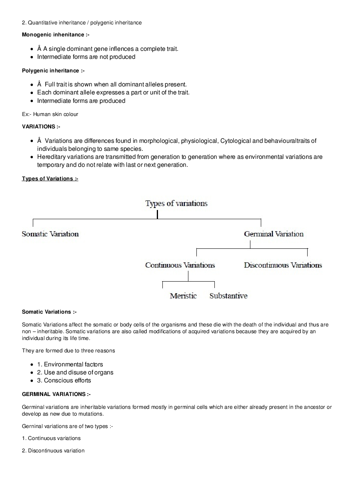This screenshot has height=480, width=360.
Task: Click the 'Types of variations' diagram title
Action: click(x=176, y=204)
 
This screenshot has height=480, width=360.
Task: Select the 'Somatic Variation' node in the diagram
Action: click(x=50, y=234)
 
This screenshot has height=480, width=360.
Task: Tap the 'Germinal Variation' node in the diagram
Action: click(x=274, y=234)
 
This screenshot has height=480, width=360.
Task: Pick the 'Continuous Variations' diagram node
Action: click(x=180, y=265)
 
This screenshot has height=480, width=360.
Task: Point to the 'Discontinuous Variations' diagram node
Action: click(x=283, y=265)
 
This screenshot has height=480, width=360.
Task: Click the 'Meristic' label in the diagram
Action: click(x=183, y=296)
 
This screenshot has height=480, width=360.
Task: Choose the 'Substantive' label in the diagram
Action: click(x=228, y=296)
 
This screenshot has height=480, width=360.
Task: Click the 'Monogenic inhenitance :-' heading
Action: click(x=56, y=35)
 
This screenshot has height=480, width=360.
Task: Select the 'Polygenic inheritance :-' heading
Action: click(x=53, y=71)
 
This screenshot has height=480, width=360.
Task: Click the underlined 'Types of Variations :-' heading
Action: click(x=50, y=179)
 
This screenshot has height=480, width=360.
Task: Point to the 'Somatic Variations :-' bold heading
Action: click(x=49, y=312)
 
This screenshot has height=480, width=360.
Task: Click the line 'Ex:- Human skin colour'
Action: click(x=50, y=114)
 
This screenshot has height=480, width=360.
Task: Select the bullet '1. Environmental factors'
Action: click(x=70, y=364)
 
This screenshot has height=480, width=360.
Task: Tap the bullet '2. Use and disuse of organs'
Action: click(x=75, y=372)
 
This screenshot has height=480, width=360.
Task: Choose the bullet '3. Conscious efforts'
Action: click(x=64, y=380)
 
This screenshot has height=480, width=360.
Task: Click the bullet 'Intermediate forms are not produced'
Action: click(x=86, y=57)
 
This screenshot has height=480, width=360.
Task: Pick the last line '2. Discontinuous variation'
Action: click(x=53, y=451)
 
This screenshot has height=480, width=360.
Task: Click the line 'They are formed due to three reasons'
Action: click(x=68, y=351)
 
